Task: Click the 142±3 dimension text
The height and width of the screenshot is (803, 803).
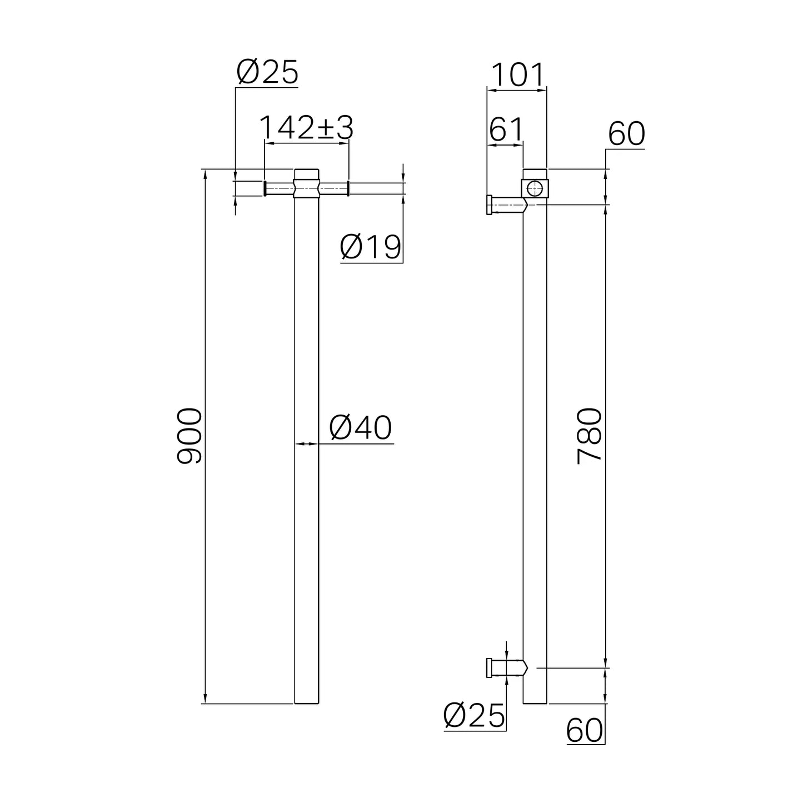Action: (306, 128)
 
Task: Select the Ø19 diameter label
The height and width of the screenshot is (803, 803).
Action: (371, 247)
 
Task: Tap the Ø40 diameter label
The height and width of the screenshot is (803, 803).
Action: (361, 428)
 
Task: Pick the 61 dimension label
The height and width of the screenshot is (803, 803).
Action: (506, 130)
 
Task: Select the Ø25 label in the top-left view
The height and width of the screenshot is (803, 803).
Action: (267, 72)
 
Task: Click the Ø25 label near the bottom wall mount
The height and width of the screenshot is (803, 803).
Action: (475, 715)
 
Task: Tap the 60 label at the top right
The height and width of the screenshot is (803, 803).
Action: (626, 134)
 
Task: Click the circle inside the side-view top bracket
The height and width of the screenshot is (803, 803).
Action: (535, 188)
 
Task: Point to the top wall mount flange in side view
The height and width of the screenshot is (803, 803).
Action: (489, 205)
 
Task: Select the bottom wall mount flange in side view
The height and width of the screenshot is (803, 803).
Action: (489, 667)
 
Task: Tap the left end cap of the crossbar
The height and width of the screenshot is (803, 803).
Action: (265, 188)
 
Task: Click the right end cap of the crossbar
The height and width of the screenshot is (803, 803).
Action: (348, 188)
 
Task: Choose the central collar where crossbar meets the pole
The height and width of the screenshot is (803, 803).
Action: (306, 183)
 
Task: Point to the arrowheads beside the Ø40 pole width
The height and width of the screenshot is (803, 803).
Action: (306, 443)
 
